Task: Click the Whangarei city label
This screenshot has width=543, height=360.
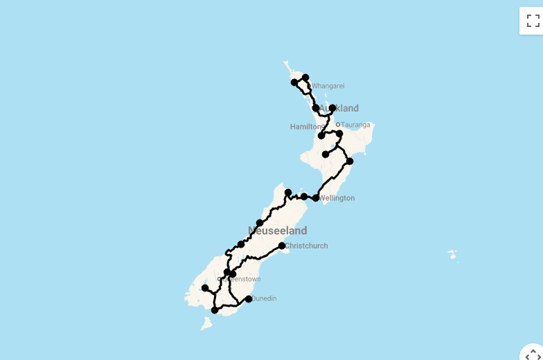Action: pos(328,87)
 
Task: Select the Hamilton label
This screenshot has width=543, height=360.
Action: pos(306,127)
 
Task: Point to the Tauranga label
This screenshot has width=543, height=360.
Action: pos(356,125)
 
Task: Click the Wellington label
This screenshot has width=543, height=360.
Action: pos(337,198)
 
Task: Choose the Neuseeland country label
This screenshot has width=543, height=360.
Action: pos(277,231)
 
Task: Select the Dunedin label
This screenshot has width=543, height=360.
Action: pos(264,298)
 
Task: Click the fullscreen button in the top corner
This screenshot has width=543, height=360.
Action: pos(533,20)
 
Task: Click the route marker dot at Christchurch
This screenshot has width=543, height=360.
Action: pos(282,246)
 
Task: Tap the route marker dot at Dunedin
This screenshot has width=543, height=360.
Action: pos(249,299)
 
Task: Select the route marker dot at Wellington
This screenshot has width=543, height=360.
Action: pos(316,198)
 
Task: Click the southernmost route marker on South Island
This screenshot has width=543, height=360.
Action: pos(215,310)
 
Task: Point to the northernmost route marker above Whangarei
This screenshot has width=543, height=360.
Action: pos(305,78)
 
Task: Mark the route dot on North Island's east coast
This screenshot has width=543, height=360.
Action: pos(350,161)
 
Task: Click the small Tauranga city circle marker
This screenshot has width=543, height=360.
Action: pos(338,125)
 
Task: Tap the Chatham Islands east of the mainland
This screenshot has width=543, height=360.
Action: pos(452,254)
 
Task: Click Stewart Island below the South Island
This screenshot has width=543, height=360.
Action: pos(206,323)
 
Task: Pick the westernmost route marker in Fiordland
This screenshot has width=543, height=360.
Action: pos(205,288)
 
